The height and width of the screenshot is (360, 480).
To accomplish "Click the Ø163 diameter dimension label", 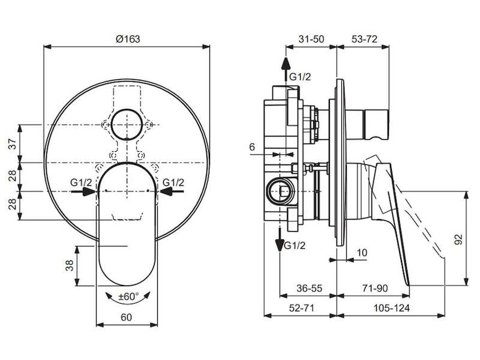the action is [128, 39].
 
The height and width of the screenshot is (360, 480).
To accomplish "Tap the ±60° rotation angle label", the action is [128, 296].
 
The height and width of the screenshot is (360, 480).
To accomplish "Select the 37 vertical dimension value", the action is [12, 143].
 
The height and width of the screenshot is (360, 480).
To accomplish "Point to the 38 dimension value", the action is [70, 265].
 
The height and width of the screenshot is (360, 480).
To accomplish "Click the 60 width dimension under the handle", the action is [126, 317].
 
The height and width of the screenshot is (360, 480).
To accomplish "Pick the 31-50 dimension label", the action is [311, 39].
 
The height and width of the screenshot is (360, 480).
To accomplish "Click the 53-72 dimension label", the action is [364, 39].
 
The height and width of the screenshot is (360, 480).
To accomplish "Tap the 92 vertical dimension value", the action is [458, 239].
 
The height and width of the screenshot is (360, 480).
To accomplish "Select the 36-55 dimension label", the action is [309, 288].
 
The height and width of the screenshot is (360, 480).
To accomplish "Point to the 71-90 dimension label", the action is [374, 288].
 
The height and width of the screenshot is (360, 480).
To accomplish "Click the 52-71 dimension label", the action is [302, 308].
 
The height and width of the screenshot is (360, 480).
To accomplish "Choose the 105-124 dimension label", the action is [391, 308].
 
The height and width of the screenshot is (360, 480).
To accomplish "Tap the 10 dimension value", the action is [362, 253].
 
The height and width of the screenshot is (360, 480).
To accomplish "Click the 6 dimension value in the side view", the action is [252, 147].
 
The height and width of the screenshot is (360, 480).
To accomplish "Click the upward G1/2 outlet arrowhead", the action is [286, 64].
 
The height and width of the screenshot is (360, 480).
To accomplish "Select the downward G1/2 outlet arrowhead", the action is [280, 245].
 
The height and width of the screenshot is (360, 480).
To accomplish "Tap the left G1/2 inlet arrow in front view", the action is [83, 191].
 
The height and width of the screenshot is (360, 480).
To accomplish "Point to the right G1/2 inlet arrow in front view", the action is [172, 191].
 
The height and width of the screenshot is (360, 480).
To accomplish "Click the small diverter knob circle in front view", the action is [127, 125].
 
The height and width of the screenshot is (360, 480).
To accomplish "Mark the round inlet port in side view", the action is [280, 192].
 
